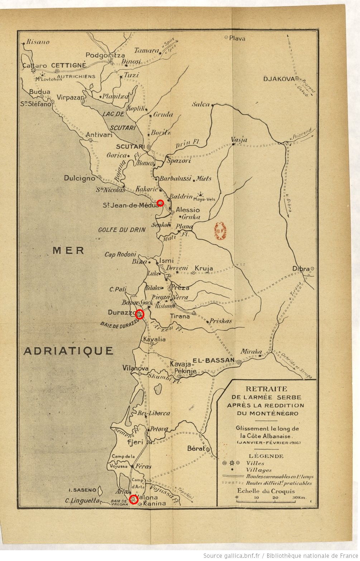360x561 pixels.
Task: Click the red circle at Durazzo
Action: (x=139, y=314)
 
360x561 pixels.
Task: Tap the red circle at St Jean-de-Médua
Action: (x=160, y=203)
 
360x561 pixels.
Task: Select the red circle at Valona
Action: (x=134, y=499)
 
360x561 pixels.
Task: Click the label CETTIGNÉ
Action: (x=69, y=66)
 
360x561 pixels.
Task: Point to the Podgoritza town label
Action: (x=105, y=55)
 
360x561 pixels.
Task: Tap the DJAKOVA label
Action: (x=279, y=79)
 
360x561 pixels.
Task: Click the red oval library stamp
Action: (x=220, y=231)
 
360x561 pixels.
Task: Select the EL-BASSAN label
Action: (x=213, y=360)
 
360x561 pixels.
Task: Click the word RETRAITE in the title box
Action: (x=266, y=389)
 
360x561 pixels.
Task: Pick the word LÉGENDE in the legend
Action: (x=266, y=456)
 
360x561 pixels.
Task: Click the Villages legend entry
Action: (x=259, y=470)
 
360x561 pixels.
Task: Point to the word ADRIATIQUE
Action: (x=68, y=351)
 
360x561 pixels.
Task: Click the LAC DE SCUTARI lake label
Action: (x=118, y=121)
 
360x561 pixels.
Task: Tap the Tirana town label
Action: (x=180, y=316)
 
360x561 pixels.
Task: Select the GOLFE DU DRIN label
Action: (x=122, y=230)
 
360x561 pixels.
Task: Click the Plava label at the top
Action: (x=237, y=38)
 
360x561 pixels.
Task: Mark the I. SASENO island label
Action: (x=82, y=490)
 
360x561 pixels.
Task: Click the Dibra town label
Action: (x=301, y=269)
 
